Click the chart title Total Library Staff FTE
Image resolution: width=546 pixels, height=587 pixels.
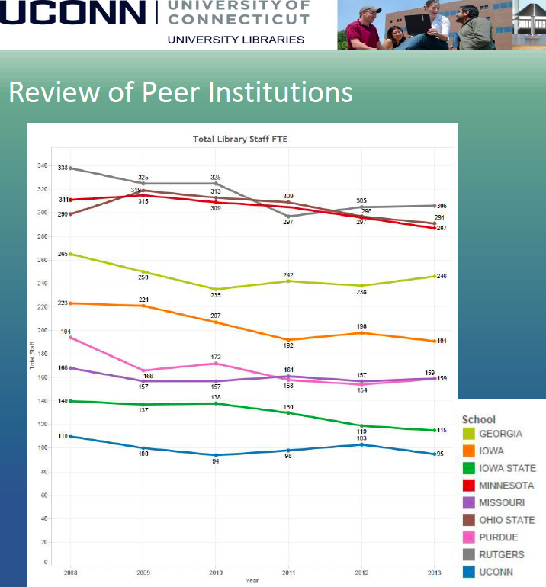[240, 139]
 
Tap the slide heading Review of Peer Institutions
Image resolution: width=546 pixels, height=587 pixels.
[181, 92]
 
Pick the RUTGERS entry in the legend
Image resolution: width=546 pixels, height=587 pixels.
[501, 555]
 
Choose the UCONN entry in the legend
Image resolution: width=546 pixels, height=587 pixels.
[496, 572]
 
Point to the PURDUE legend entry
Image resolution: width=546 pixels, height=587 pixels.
[499, 537]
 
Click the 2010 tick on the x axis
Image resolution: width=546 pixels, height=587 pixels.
[215, 572]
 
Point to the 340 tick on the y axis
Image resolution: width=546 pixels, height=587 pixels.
[42, 165]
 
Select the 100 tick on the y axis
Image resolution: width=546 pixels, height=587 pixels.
[42, 448]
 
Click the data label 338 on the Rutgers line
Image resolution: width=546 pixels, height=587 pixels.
[63, 168]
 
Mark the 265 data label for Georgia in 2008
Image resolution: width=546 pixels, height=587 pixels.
[63, 254]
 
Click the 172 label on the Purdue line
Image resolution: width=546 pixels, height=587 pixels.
[216, 357]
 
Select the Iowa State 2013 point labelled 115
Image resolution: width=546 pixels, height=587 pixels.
[435, 431]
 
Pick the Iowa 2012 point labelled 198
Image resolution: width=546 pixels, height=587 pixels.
[361, 333]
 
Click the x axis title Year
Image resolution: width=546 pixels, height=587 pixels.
[252, 580]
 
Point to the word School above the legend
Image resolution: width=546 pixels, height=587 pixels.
[478, 419]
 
